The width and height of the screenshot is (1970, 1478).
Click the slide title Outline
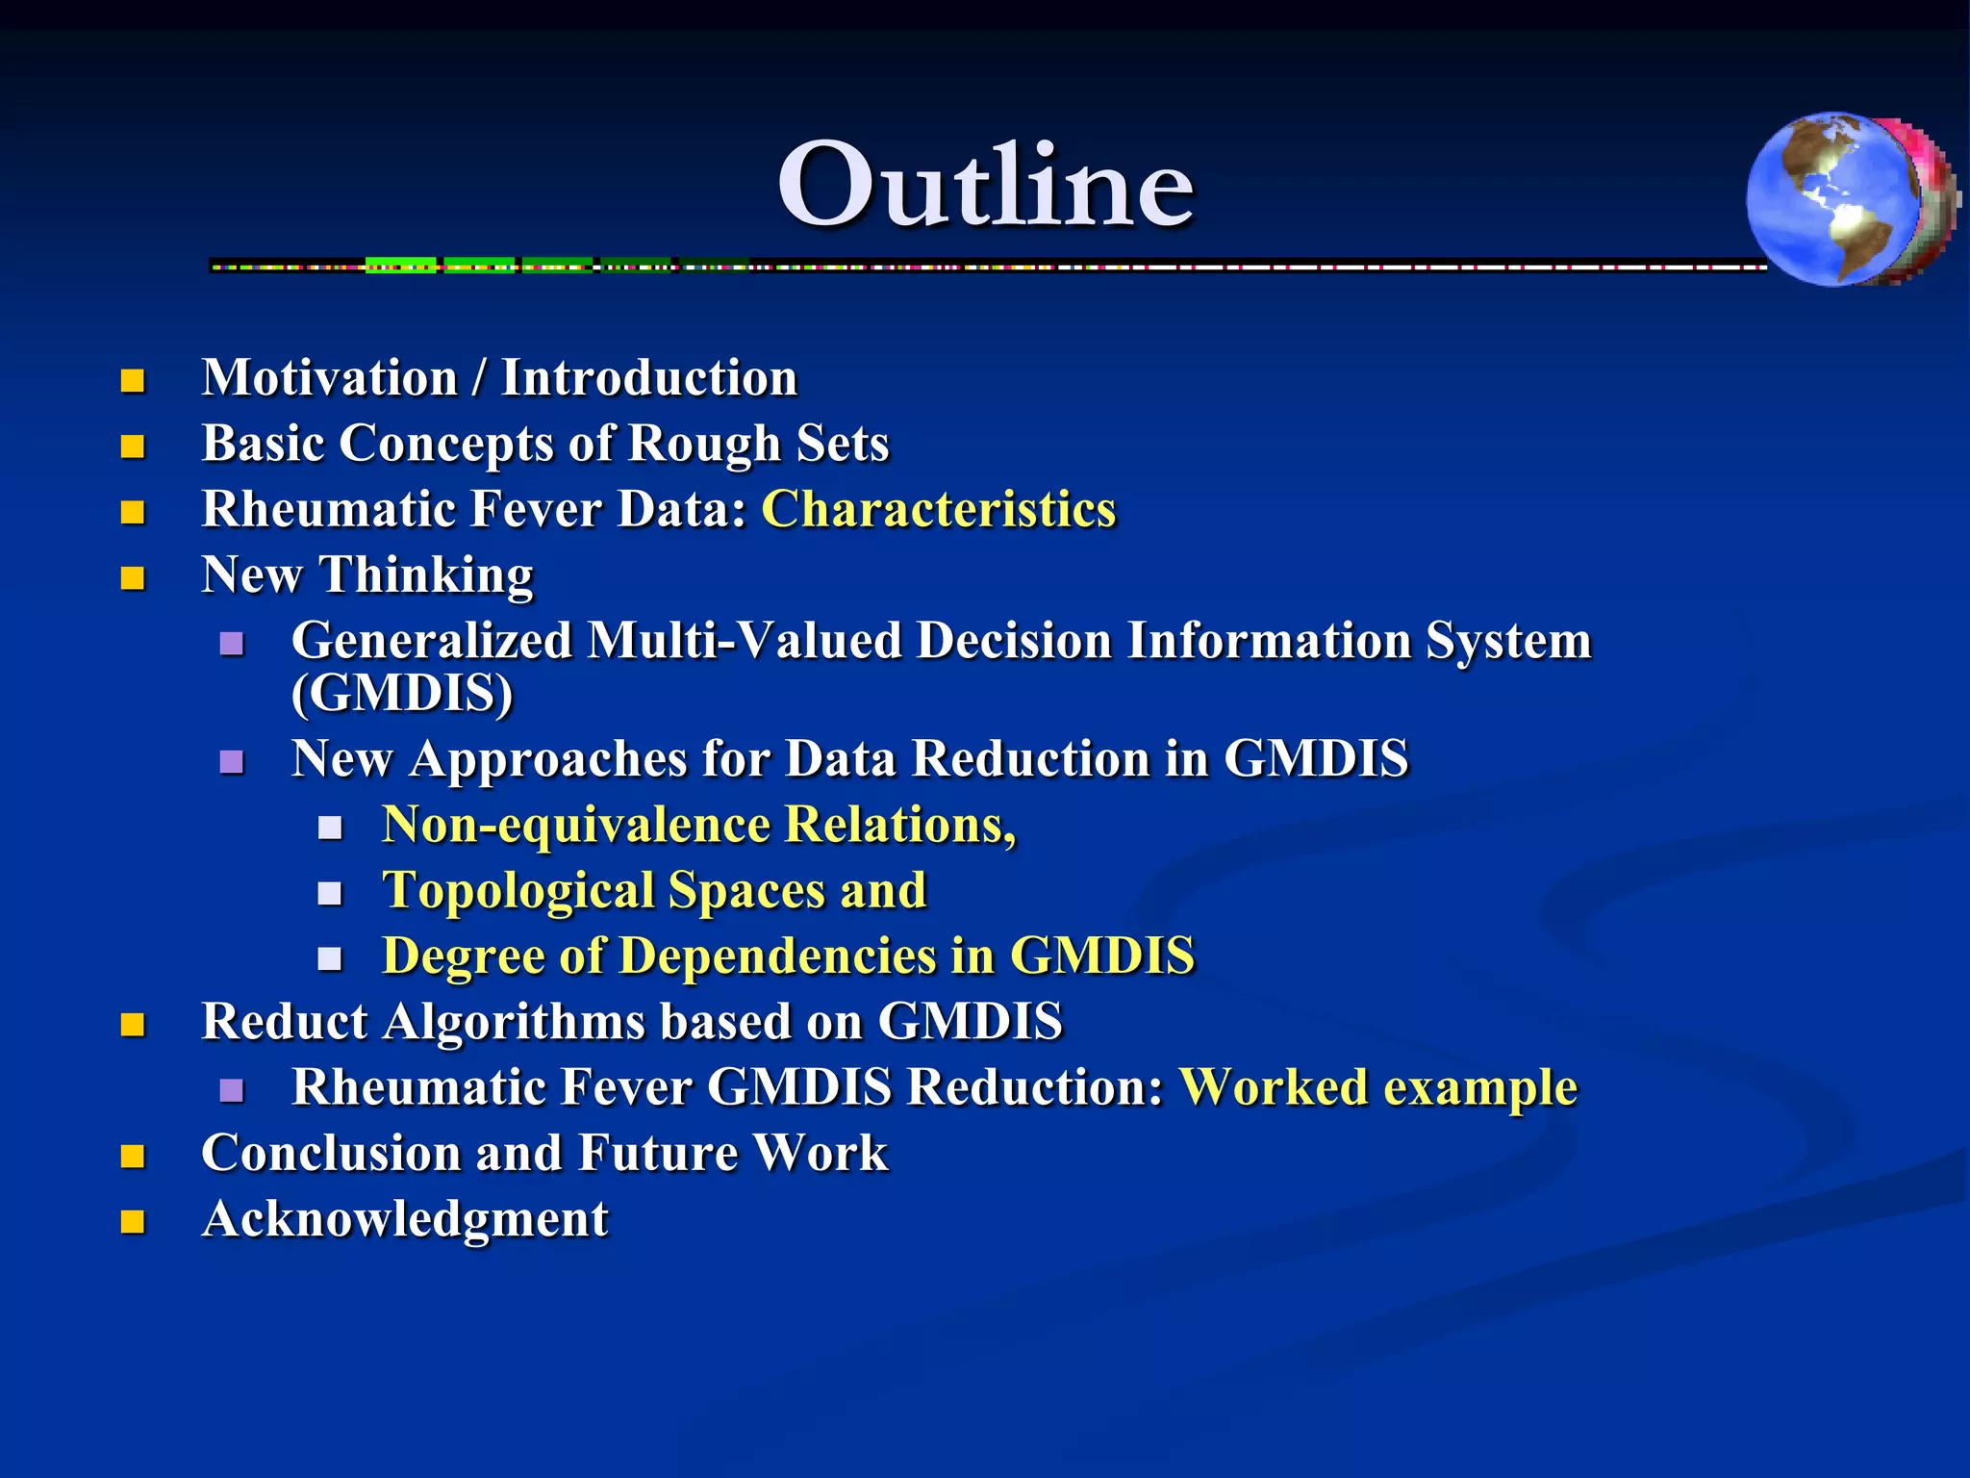985,185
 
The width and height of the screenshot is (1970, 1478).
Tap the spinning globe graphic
1847,200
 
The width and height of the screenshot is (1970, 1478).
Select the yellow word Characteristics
938,509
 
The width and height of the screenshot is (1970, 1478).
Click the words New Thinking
366,575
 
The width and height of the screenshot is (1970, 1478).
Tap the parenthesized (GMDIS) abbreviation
402,693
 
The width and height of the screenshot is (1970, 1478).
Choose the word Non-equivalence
576,825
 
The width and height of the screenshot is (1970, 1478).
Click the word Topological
518,890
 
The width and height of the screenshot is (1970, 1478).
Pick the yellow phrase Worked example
1377,1087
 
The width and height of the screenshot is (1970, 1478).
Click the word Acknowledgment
405,1219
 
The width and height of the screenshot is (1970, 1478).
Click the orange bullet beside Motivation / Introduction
133,381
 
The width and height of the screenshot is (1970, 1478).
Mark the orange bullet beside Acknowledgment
133,1222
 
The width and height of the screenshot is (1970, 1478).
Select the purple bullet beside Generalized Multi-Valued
231,644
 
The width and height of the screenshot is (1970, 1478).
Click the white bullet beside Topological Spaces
330,894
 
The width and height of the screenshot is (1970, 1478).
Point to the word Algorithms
514,1022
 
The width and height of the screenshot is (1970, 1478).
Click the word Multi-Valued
745,641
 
